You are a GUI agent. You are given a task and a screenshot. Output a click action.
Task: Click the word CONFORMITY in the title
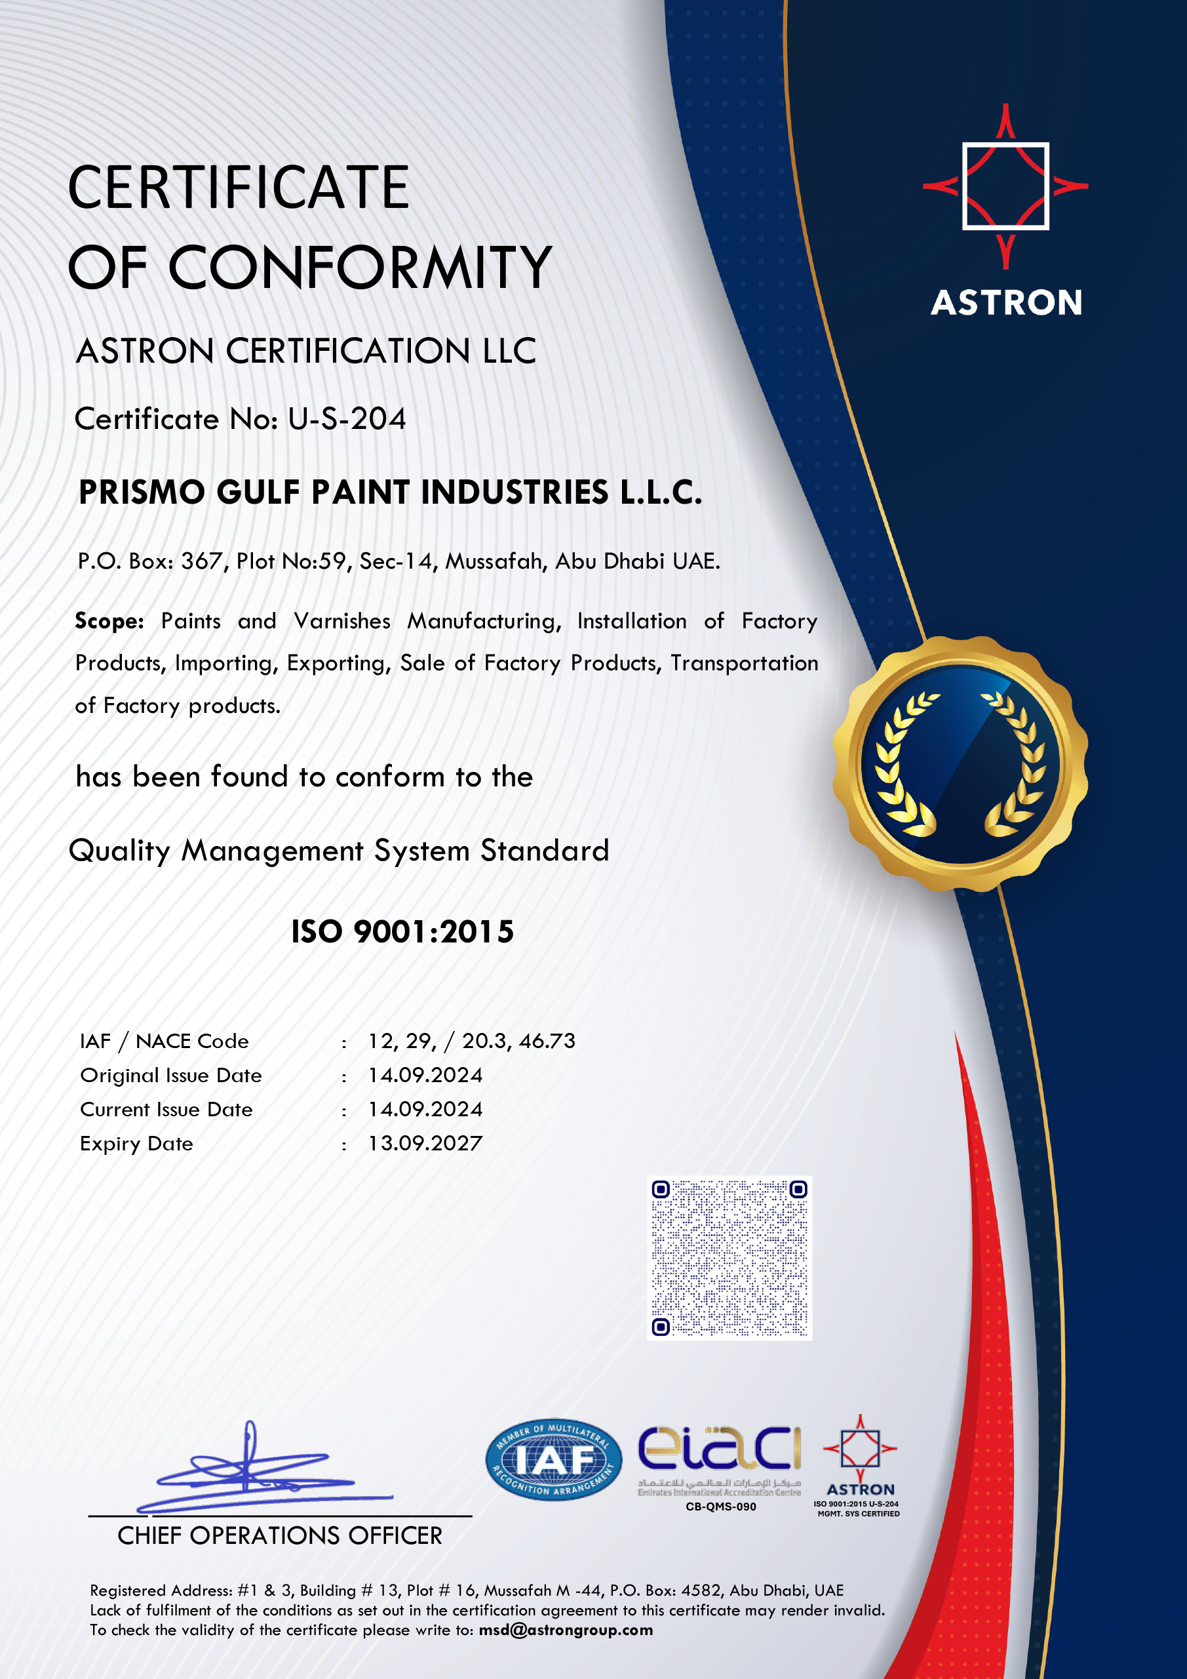pyautogui.click(x=360, y=267)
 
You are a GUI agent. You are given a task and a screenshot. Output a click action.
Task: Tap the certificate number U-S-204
pyautogui.click(x=347, y=419)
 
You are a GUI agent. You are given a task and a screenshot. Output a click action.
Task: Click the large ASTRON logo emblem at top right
pyautogui.click(x=1005, y=186)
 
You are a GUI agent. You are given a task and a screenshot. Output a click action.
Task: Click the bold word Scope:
pyautogui.click(x=109, y=621)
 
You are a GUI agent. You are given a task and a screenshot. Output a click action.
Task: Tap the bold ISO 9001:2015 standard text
pyautogui.click(x=402, y=931)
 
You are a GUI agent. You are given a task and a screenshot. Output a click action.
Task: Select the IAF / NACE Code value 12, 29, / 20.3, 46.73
pyautogui.click(x=471, y=1041)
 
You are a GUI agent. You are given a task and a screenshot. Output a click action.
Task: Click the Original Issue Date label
pyautogui.click(x=170, y=1075)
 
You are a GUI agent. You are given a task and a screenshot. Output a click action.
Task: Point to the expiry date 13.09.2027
pyautogui.click(x=425, y=1143)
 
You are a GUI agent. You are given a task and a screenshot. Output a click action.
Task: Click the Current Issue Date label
pyautogui.click(x=166, y=1109)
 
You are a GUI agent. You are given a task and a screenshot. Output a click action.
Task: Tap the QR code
pyautogui.click(x=730, y=1258)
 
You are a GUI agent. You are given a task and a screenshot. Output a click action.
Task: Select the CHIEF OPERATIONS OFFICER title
pyautogui.click(x=280, y=1535)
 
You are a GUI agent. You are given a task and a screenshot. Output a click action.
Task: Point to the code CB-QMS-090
pyautogui.click(x=721, y=1507)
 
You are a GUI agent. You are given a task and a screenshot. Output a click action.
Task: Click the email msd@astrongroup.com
pyautogui.click(x=566, y=1630)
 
